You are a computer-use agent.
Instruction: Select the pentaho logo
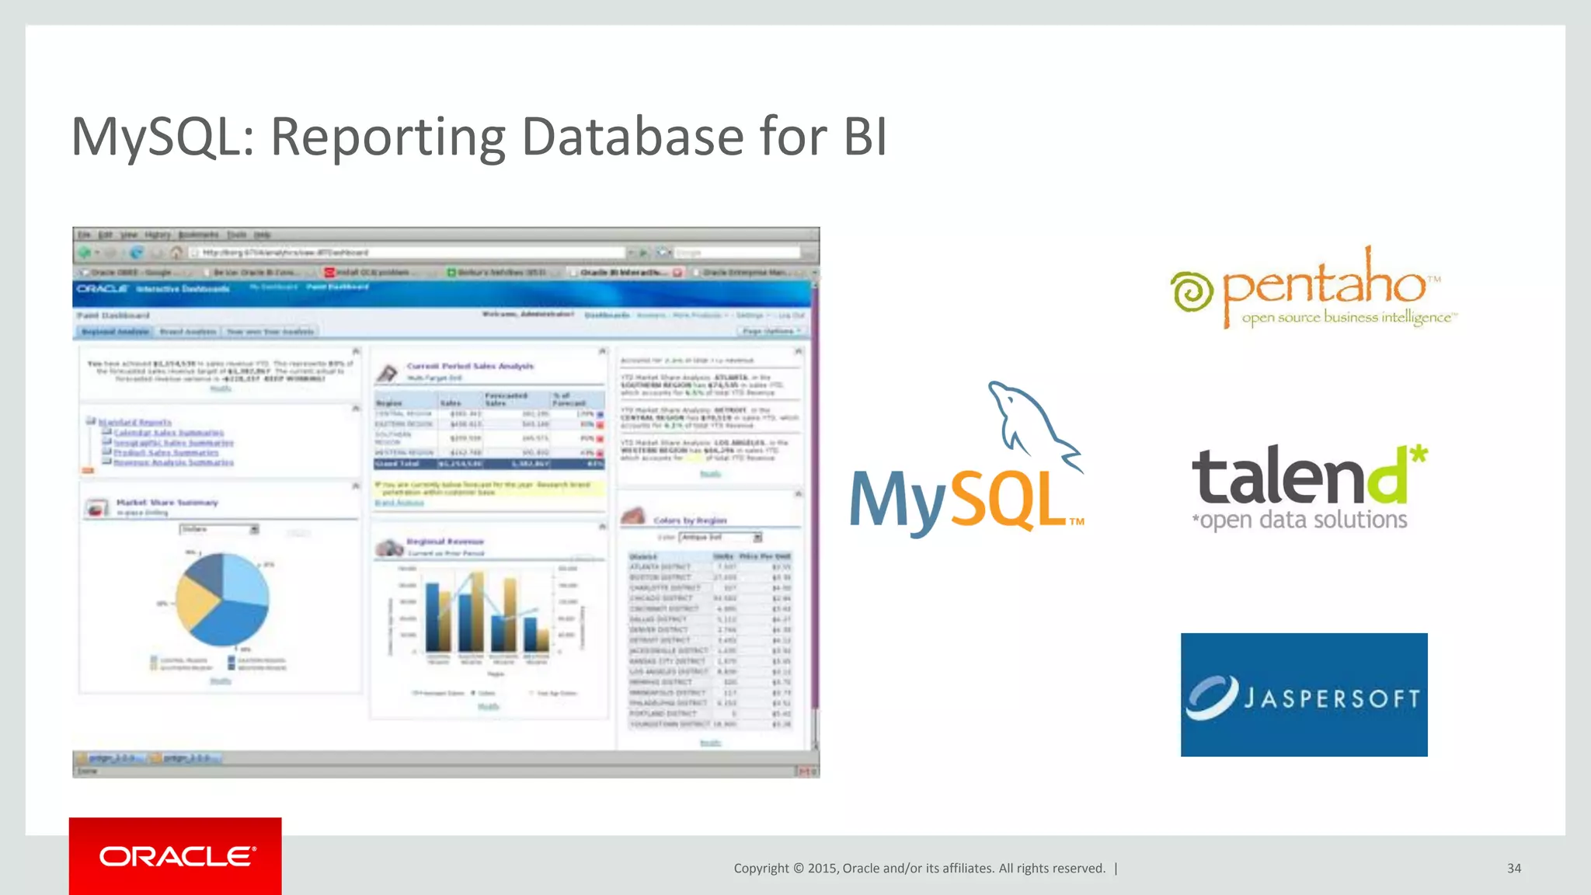point(1313,287)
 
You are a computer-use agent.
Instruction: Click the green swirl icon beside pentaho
point(1192,292)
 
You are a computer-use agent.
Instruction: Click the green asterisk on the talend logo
point(1419,454)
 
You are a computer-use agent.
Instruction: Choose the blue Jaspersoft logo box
point(1304,695)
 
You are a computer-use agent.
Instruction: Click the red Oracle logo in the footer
point(176,856)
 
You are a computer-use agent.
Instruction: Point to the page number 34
point(1513,869)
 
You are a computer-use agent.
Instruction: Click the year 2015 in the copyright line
point(822,869)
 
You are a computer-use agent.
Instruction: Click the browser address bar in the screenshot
point(412,252)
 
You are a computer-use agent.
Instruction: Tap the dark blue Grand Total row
point(489,464)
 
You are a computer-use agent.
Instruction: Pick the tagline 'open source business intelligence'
point(1347,317)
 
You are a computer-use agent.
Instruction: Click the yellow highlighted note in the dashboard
point(489,488)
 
